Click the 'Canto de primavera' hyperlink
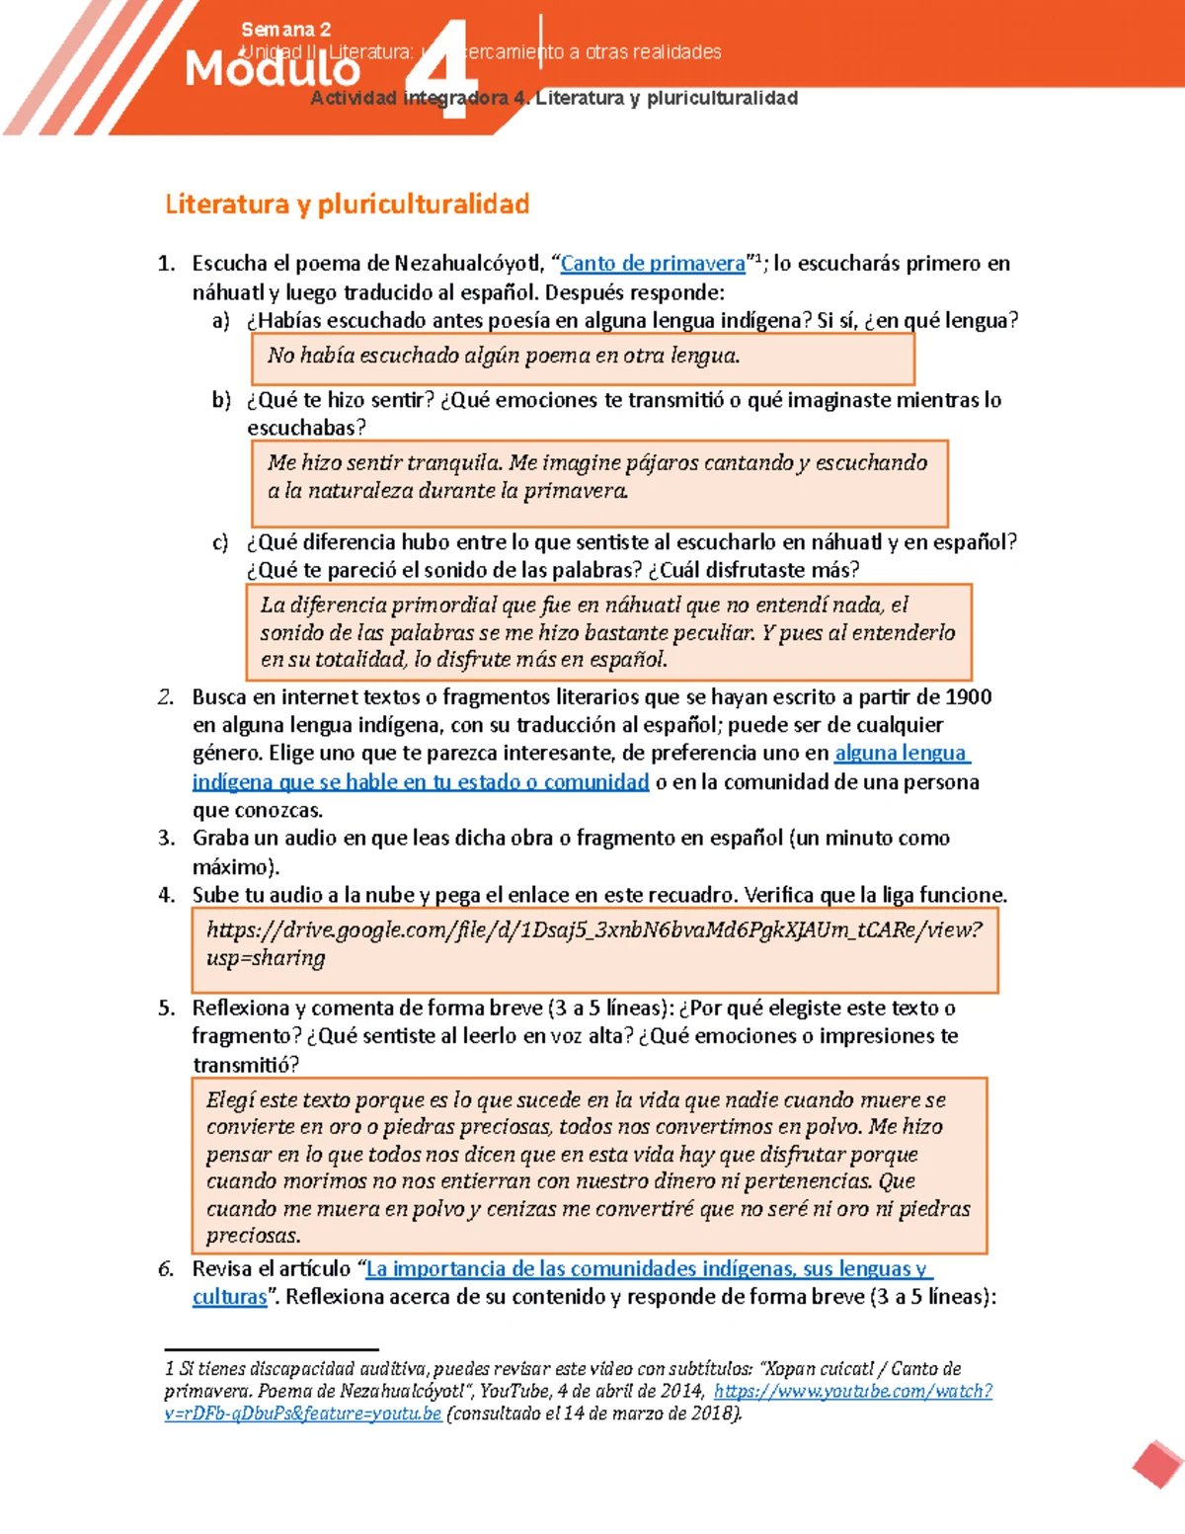653,264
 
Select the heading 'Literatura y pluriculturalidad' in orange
347,204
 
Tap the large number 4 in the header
444,69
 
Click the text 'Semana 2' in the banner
285,30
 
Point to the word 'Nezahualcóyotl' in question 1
467,264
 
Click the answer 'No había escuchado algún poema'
504,356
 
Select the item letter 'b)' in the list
221,400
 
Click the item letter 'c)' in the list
220,542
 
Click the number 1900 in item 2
968,697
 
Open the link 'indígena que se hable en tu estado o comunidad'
421,782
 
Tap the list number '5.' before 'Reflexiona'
167,1009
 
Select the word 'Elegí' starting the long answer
230,1100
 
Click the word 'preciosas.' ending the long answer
254,1236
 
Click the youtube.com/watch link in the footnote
852,1392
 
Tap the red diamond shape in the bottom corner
1158,1465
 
